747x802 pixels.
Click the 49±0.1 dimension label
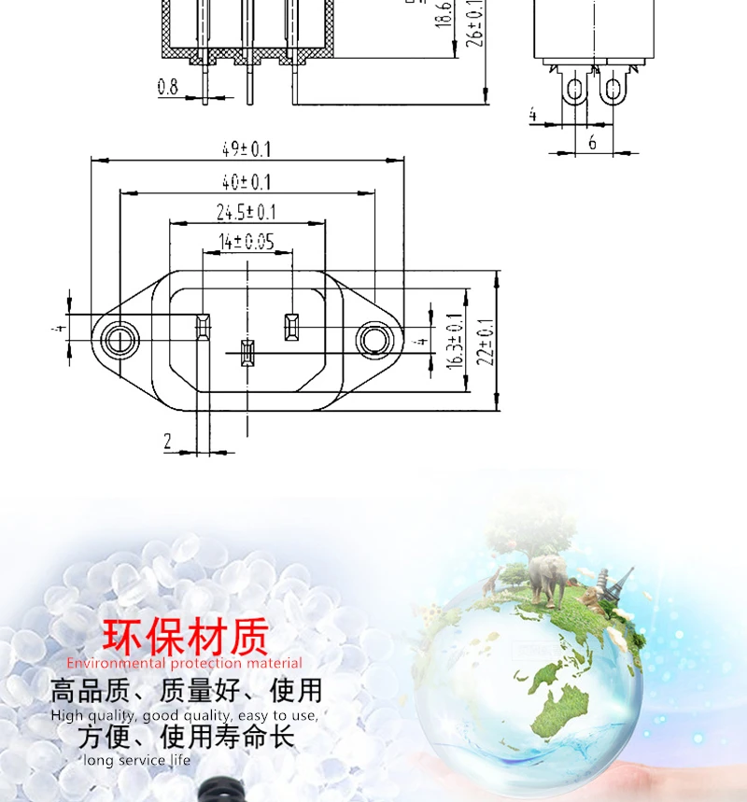coord(247,148)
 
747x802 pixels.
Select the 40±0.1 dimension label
coord(247,181)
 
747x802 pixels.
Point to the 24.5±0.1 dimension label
coord(247,212)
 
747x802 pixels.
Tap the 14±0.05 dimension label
coord(247,243)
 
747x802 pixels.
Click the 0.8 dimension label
coord(168,87)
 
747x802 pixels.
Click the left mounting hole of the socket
coord(120,338)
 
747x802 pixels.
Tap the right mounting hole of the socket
coord(373,340)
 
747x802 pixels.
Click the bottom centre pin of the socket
coord(247,354)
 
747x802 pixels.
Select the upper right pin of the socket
coord(289,327)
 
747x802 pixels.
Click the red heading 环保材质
coord(185,638)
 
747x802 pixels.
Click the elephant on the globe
coord(546,577)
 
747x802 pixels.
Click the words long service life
coord(136,760)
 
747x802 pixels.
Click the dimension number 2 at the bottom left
coord(168,442)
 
